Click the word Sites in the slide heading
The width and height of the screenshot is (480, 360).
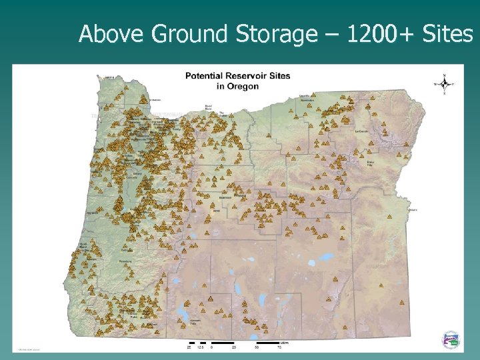[450, 33]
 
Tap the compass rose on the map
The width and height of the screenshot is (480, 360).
[443, 83]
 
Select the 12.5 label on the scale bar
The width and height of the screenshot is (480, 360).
[197, 347]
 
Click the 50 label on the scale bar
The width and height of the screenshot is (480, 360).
[256, 347]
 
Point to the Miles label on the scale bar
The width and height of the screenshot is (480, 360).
[284, 342]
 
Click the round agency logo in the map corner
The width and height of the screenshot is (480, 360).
[451, 339]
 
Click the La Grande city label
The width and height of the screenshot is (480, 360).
[361, 132]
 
